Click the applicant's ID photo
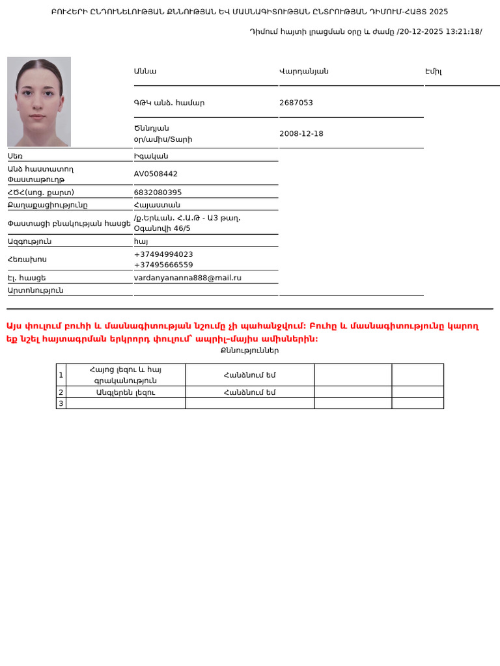(39, 101)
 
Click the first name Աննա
(145, 72)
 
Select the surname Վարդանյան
(303, 72)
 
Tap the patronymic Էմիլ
(433, 72)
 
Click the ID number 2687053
(296, 103)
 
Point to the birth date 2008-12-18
(301, 134)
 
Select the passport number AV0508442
(156, 174)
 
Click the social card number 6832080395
(158, 193)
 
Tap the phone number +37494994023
(163, 254)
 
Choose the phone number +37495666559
(163, 265)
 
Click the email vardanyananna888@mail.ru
(187, 278)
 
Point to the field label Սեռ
(15, 156)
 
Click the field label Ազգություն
(29, 241)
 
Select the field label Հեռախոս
(27, 260)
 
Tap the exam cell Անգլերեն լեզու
(126, 392)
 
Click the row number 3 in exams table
(61, 403)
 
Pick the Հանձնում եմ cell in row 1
(249, 375)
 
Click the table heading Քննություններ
(249, 351)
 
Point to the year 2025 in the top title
(439, 12)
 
